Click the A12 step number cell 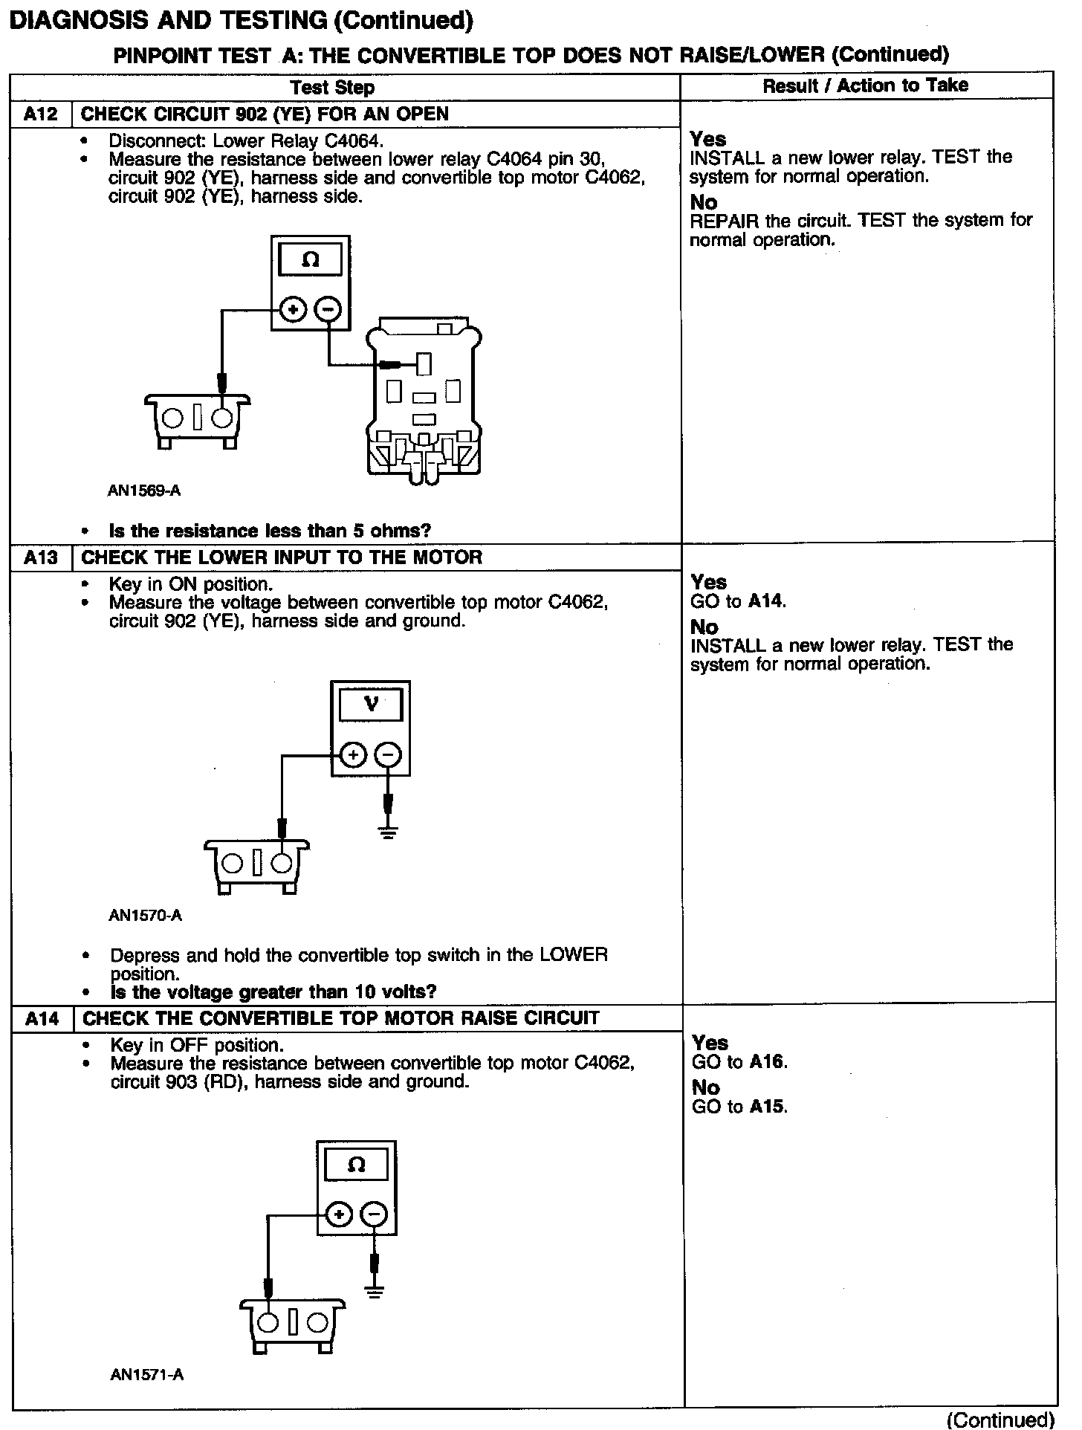pos(40,114)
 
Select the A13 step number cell pos(40,557)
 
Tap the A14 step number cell pos(42,1018)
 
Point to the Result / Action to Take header pos(865,85)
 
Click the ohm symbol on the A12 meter pos(311,260)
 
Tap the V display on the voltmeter pos(371,704)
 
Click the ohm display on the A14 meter pos(356,1165)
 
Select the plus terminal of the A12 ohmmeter pos(294,310)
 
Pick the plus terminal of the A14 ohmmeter pos(339,1215)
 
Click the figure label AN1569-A pos(144,491)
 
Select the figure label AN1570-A pos(145,916)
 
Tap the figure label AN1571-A pos(146,1375)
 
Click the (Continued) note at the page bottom pos(1000,1420)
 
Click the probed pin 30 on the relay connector pos(424,364)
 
